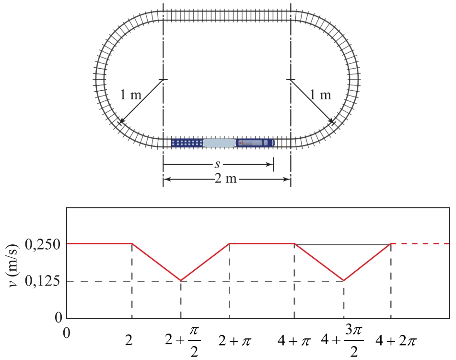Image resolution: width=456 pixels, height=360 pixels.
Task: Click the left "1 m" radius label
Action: pos(130,95)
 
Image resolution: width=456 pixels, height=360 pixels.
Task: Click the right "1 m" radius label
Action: pos(320,95)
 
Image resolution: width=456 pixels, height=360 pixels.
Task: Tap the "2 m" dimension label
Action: pos(226,178)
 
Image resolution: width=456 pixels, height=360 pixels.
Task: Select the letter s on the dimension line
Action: pos(217,165)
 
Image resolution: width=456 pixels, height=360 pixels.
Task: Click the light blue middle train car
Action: pos(219,143)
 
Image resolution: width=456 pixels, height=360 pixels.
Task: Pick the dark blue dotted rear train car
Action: pos(187,143)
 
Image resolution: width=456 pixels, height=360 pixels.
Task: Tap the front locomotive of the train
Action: pos(255,143)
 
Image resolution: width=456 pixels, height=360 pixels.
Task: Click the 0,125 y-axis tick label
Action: pos(43,281)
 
